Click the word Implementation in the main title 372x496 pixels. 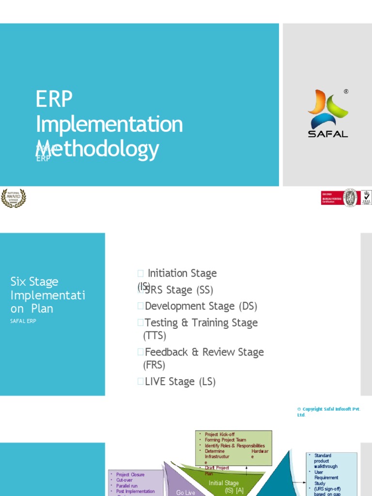(109, 124)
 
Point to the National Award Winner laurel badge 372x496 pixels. (13, 198)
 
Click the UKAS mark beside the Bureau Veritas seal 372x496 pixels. (366, 198)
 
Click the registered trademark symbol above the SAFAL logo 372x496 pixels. (346, 91)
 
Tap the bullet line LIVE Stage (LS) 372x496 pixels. (180, 381)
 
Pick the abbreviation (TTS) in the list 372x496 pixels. (155, 335)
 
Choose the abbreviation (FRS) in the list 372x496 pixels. (155, 365)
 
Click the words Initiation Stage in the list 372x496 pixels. (182, 273)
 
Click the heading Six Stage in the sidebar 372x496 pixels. (34, 281)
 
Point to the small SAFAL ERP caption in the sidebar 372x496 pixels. (23, 321)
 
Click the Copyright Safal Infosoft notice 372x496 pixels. (328, 412)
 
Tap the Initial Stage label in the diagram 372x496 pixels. (223, 483)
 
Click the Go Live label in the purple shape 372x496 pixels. (186, 492)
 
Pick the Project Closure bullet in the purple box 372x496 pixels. (130, 475)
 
